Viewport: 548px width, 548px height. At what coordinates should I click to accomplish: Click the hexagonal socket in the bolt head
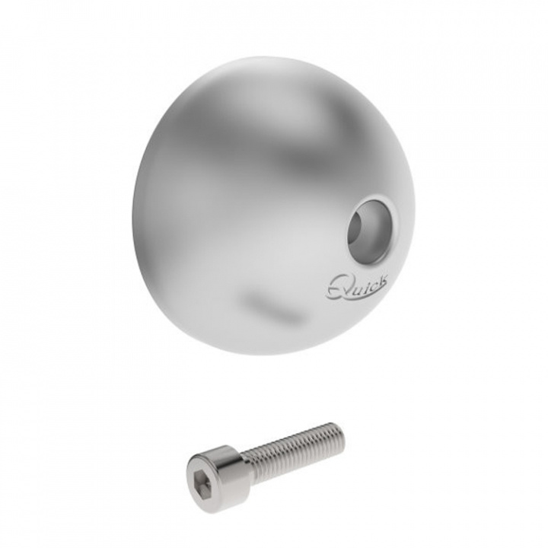point(199,473)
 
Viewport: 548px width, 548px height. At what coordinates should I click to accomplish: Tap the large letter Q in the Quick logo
point(337,287)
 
